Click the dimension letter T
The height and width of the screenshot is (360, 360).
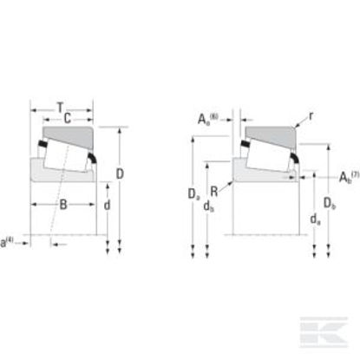click(x=60, y=108)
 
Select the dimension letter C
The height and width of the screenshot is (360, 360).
click(x=67, y=118)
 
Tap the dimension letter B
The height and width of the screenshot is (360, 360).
click(x=63, y=205)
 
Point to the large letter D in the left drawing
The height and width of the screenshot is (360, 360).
click(x=120, y=173)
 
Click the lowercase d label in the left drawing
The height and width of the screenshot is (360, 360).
click(x=107, y=205)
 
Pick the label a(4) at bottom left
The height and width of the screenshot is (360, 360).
click(x=7, y=242)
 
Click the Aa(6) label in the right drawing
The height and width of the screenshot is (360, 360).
click(x=207, y=119)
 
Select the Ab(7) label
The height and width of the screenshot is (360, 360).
click(x=349, y=177)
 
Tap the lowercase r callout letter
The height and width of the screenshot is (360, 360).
click(x=311, y=116)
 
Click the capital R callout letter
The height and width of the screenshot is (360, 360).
click(x=214, y=192)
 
